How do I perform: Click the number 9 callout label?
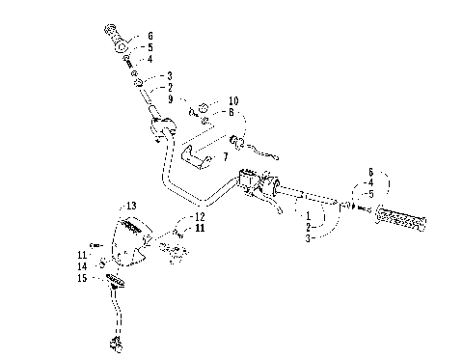(x=170, y=99)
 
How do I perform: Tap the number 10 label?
(x=233, y=100)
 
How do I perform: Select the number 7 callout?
(x=225, y=156)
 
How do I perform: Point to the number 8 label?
(x=231, y=112)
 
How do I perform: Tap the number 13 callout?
(x=132, y=206)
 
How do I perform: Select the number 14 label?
(x=84, y=265)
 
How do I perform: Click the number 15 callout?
(x=84, y=278)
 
